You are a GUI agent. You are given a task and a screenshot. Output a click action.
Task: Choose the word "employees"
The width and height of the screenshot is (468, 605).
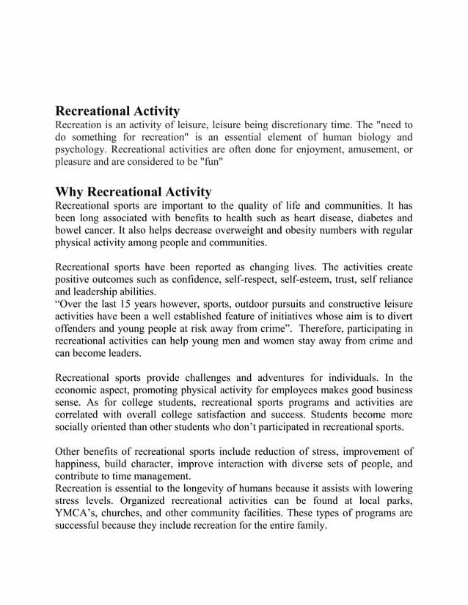pos(299,391)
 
